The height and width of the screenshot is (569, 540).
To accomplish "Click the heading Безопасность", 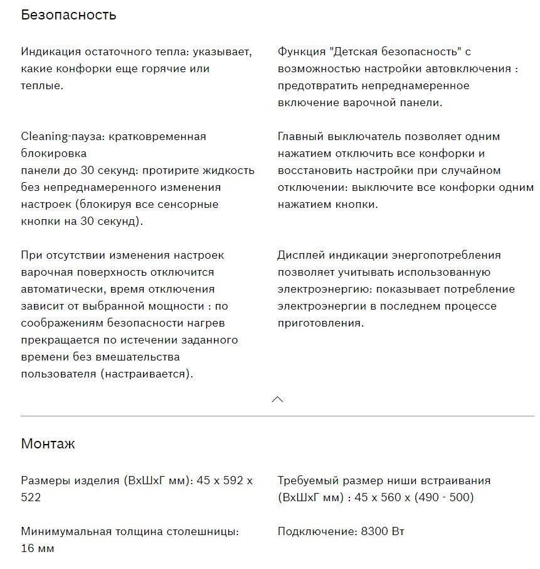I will pos(68,15).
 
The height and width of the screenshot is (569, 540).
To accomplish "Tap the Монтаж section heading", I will pos(48,444).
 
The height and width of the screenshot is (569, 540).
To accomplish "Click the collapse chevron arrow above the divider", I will pos(277,399).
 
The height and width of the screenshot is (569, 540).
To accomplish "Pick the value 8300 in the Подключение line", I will pos(374,531).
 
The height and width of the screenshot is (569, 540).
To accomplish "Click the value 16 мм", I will pos(38,548).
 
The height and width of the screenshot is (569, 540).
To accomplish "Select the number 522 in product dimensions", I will pos(31,497).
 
